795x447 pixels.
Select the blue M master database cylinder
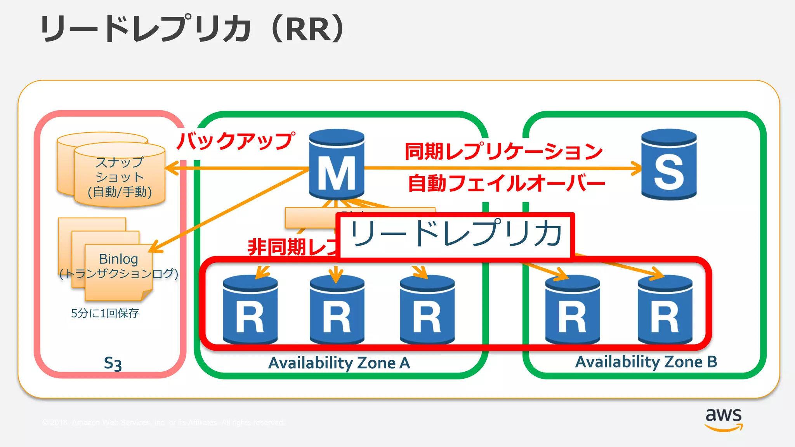[337, 165]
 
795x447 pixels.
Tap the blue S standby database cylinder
[669, 165]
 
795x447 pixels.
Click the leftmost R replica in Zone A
[250, 310]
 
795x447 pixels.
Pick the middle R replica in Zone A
[337, 310]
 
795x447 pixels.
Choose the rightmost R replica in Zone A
[427, 310]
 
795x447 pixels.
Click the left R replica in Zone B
[573, 310]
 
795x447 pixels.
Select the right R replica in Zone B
[665, 310]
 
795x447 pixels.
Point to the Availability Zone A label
[339, 363]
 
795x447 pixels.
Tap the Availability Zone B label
[646, 362]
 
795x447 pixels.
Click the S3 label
[113, 364]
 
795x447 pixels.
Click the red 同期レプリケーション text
[503, 151]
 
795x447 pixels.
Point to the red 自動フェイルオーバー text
[506, 183]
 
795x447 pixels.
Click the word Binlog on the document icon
[118, 259]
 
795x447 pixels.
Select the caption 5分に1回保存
[105, 313]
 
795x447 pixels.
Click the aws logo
[724, 419]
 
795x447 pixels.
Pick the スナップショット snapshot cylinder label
[120, 177]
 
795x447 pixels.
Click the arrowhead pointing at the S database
[637, 168]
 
